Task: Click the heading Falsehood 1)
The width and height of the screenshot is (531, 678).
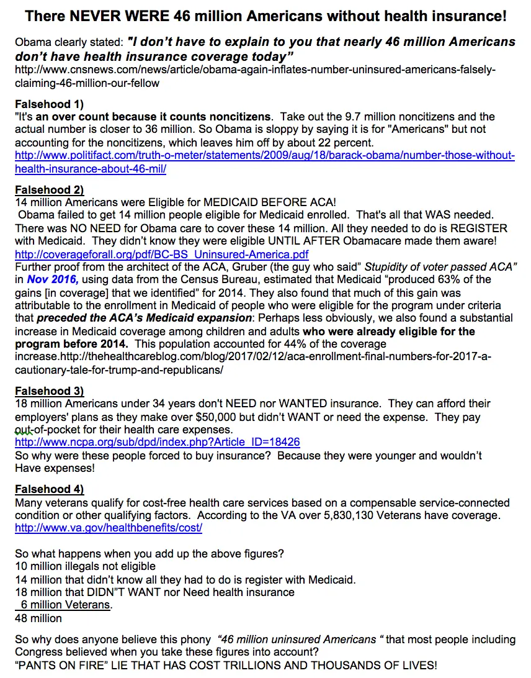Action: [x=49, y=104]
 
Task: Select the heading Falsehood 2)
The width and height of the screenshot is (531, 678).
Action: [x=49, y=190]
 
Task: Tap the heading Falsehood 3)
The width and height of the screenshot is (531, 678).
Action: [x=49, y=391]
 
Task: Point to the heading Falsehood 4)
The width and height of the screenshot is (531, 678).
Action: [x=49, y=489]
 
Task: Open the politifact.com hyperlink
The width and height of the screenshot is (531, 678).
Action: [x=264, y=155]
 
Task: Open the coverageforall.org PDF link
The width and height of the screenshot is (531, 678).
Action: [x=161, y=255]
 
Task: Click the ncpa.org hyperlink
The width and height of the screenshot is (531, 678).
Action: [x=158, y=442]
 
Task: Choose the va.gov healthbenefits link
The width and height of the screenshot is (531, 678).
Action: [x=109, y=528]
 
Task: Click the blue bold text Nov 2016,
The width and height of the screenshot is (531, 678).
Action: [x=48, y=279]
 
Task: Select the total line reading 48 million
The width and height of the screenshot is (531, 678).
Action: [x=38, y=618]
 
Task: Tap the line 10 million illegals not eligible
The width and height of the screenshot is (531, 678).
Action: [x=85, y=566]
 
